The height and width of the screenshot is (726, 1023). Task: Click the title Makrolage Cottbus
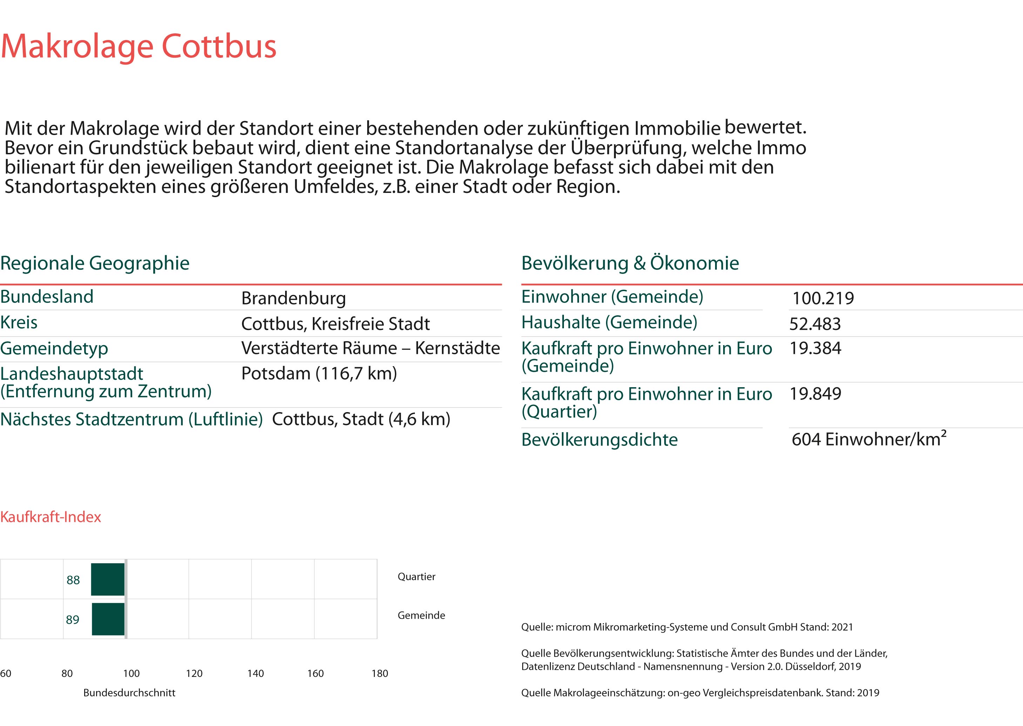139,46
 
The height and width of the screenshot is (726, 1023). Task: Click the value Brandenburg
293,298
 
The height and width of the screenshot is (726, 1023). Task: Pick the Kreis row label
19,322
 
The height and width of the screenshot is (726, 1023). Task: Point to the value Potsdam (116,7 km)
319,373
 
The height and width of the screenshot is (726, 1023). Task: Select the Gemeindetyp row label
54,348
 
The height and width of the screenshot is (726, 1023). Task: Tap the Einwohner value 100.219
823,298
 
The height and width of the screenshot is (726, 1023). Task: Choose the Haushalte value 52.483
815,324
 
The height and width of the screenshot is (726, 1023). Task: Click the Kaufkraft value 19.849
815,394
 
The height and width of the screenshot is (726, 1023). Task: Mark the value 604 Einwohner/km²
868,439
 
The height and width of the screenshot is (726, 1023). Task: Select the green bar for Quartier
108,579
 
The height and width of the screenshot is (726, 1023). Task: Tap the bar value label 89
72,620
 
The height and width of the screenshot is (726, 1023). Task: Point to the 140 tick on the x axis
255,674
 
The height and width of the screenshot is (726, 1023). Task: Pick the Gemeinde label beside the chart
421,616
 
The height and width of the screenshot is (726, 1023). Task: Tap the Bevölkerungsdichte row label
599,440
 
